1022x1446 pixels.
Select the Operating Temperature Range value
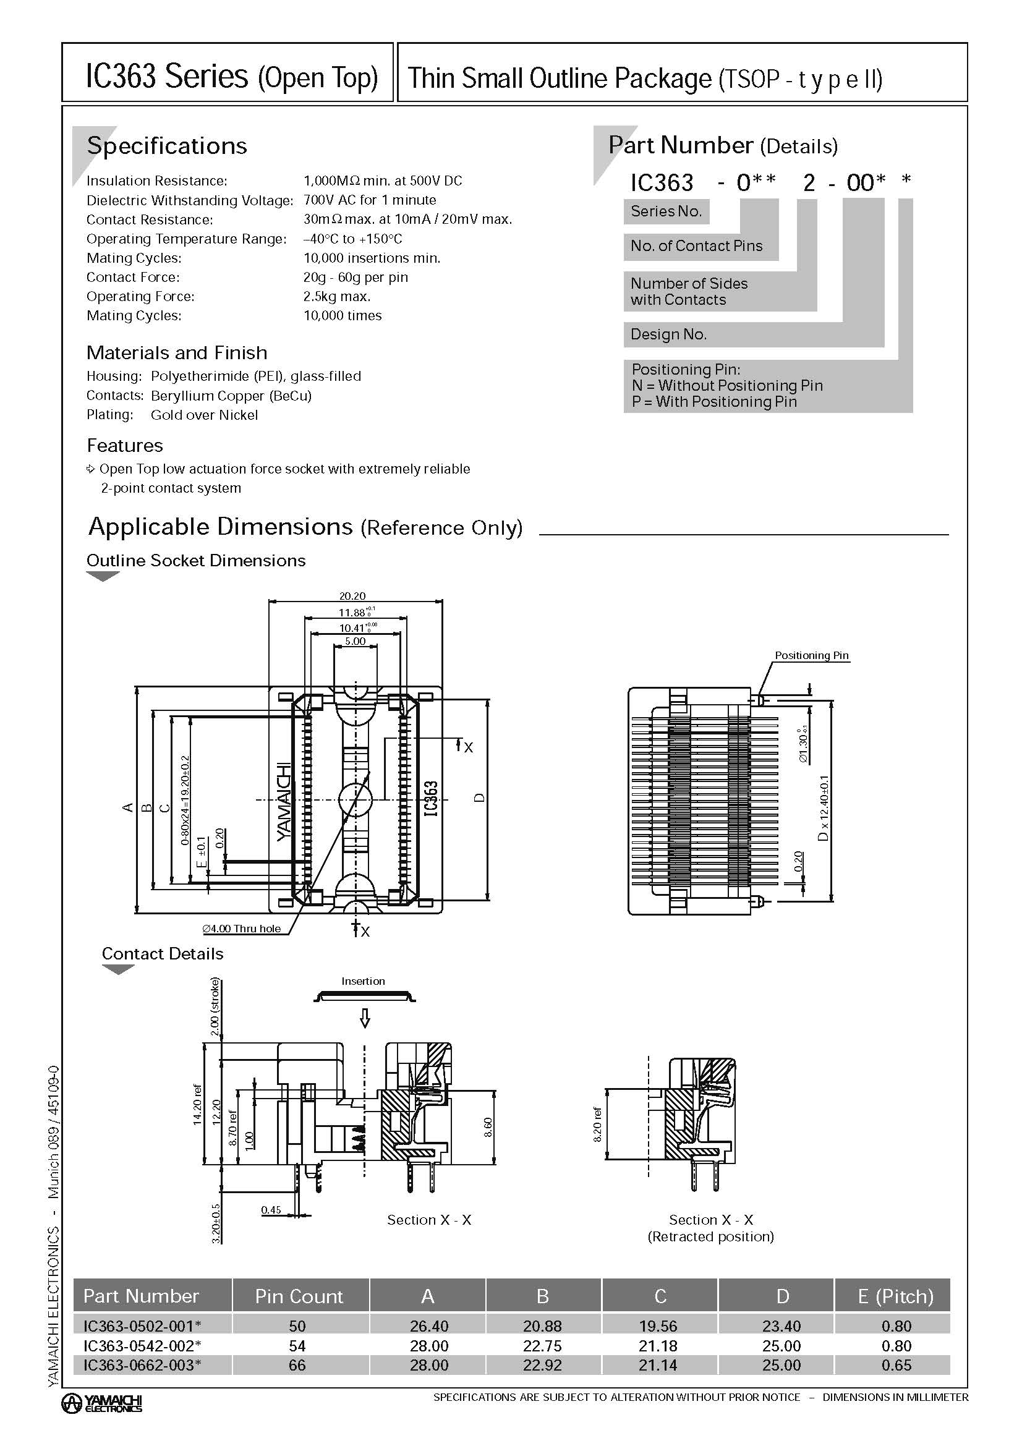(352, 239)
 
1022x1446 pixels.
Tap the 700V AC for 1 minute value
(370, 200)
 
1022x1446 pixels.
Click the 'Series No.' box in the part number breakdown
(666, 211)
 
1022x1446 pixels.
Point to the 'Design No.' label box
(669, 334)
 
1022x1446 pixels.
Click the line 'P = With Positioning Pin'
(714, 402)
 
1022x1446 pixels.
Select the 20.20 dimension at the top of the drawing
(352, 596)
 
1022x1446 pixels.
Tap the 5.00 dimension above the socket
(355, 641)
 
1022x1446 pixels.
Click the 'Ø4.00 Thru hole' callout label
(241, 929)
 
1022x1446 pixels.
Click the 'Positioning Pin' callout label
(811, 655)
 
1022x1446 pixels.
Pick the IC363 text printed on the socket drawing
(431, 799)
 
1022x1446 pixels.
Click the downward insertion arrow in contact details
(364, 1018)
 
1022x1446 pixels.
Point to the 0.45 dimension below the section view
(271, 1209)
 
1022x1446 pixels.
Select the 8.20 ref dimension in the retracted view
(598, 1123)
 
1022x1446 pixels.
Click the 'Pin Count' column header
(299, 1296)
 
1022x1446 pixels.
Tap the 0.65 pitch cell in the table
(896, 1366)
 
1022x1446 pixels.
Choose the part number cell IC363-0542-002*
(142, 1346)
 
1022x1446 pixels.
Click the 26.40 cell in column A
(429, 1325)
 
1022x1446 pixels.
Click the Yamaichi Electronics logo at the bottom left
(102, 1403)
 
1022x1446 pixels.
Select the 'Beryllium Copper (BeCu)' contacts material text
(231, 396)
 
